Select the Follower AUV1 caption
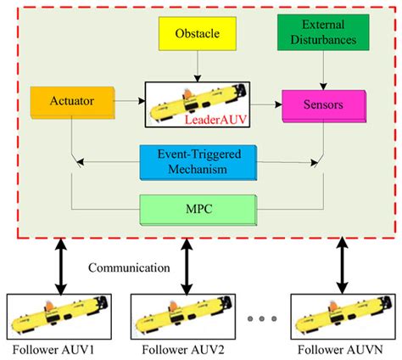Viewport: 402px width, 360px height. tap(50, 350)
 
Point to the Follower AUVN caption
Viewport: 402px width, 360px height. tap(340, 350)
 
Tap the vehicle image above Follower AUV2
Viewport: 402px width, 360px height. tap(180, 315)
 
